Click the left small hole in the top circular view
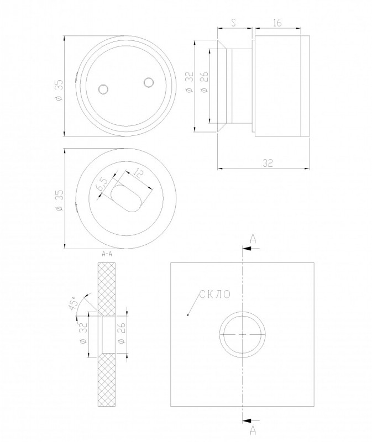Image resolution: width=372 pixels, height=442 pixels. click(103, 89)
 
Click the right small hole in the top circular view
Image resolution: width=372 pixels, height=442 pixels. click(148, 82)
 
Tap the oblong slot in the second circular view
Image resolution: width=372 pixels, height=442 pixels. click(125, 198)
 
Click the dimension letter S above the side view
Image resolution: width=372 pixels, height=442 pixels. click(233, 23)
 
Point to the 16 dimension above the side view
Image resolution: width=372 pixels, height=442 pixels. click(277, 23)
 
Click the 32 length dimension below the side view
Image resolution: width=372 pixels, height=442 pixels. click(268, 163)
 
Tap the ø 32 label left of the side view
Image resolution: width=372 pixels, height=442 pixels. click(190, 82)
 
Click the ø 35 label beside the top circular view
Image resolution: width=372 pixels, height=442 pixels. click(59, 90)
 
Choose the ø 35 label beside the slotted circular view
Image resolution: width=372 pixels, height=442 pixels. click(60, 200)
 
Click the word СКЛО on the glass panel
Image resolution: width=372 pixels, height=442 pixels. click(215, 294)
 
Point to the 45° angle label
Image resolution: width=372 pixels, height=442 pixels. click(73, 303)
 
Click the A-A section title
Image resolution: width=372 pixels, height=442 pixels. click(107, 254)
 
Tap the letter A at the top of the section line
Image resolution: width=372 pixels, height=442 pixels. click(253, 239)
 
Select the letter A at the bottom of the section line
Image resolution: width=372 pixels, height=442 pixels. click(253, 430)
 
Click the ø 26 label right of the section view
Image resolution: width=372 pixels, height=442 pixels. click(122, 333)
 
